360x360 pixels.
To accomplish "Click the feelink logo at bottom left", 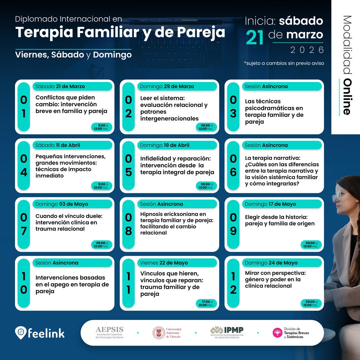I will (x=40, y=333).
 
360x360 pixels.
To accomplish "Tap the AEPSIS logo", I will (x=109, y=332).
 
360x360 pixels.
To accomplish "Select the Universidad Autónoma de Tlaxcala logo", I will (x=167, y=333).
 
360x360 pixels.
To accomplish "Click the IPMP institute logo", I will (x=227, y=332).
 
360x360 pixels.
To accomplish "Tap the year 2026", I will (x=307, y=50).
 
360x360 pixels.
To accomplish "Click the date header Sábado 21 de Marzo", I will (x=60, y=86).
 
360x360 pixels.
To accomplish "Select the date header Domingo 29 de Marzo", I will (x=167, y=86).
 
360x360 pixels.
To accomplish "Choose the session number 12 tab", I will (x=233, y=283).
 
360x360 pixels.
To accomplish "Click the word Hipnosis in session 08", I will (x=153, y=214).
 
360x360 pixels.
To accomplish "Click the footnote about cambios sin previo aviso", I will (x=284, y=63).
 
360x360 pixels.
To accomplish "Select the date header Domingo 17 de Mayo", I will (x=270, y=204).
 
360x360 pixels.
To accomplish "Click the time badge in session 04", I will (x=101, y=186).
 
